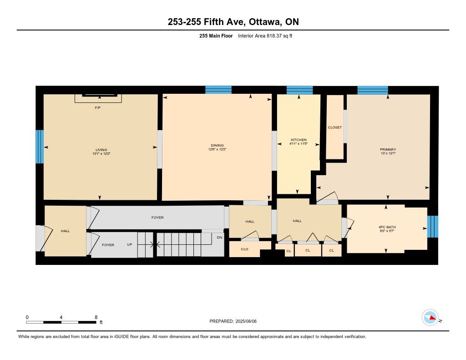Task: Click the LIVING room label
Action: tap(101, 150)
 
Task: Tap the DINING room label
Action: tap(217, 146)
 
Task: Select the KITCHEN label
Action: tap(299, 140)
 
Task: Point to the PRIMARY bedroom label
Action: tap(388, 150)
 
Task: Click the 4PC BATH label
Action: tap(387, 227)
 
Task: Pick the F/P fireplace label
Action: tap(97, 107)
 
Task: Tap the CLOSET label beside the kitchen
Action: tap(334, 127)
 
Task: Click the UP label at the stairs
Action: tap(130, 245)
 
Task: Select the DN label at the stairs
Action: tap(220, 238)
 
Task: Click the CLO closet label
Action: tap(244, 249)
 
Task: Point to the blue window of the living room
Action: tap(40, 147)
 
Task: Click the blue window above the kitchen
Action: tap(299, 90)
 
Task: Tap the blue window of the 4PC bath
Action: tap(432, 227)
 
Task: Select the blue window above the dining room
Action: tap(218, 90)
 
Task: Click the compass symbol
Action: tap(430, 318)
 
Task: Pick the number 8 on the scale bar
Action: tap(96, 317)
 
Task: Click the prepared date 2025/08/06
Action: tap(246, 321)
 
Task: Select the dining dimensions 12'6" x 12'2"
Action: tap(217, 150)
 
